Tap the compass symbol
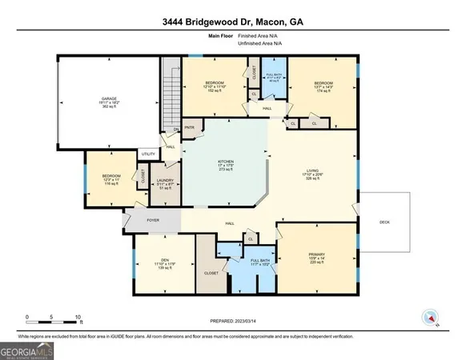(x=431, y=318)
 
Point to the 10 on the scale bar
(x=78, y=317)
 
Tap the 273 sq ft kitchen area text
(x=225, y=171)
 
